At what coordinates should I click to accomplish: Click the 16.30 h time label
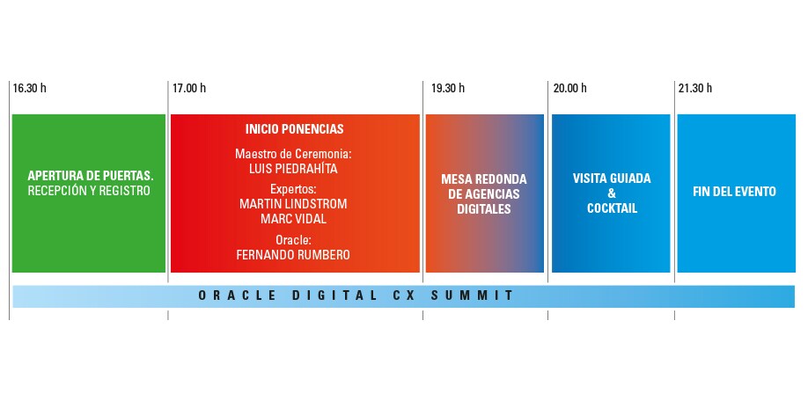[x=30, y=88]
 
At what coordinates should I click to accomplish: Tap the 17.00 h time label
[x=189, y=88]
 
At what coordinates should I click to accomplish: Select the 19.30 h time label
[x=448, y=88]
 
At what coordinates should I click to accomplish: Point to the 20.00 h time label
[x=569, y=88]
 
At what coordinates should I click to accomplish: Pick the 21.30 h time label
[x=695, y=88]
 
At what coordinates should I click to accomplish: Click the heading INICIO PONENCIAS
[x=294, y=128]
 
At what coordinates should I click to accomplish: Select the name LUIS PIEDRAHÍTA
[x=294, y=168]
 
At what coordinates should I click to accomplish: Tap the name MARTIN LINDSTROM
[x=293, y=203]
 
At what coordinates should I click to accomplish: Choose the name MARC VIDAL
[x=293, y=218]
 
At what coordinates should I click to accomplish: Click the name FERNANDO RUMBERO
[x=293, y=254]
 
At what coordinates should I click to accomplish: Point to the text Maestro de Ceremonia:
[x=293, y=154]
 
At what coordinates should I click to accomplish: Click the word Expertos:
[x=293, y=188]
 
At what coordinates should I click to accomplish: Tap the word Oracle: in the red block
[x=293, y=239]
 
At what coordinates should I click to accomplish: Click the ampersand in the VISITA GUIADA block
[x=612, y=193]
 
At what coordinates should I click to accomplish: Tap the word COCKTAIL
[x=612, y=208]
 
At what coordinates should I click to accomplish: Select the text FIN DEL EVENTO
[x=735, y=191]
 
